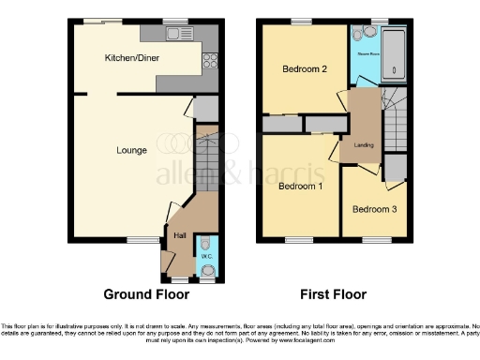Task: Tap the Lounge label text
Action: click(x=131, y=150)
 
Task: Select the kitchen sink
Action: click(x=174, y=35)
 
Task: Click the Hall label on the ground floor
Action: click(x=180, y=235)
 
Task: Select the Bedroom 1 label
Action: click(x=297, y=186)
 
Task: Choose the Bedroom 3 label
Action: click(x=373, y=209)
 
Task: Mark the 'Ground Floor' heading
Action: click(x=145, y=294)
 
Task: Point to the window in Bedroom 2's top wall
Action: click(x=301, y=22)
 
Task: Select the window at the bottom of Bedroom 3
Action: click(x=377, y=241)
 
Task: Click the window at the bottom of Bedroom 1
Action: click(x=299, y=241)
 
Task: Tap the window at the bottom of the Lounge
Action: click(x=143, y=241)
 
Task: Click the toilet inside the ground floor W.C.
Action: click(x=207, y=273)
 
